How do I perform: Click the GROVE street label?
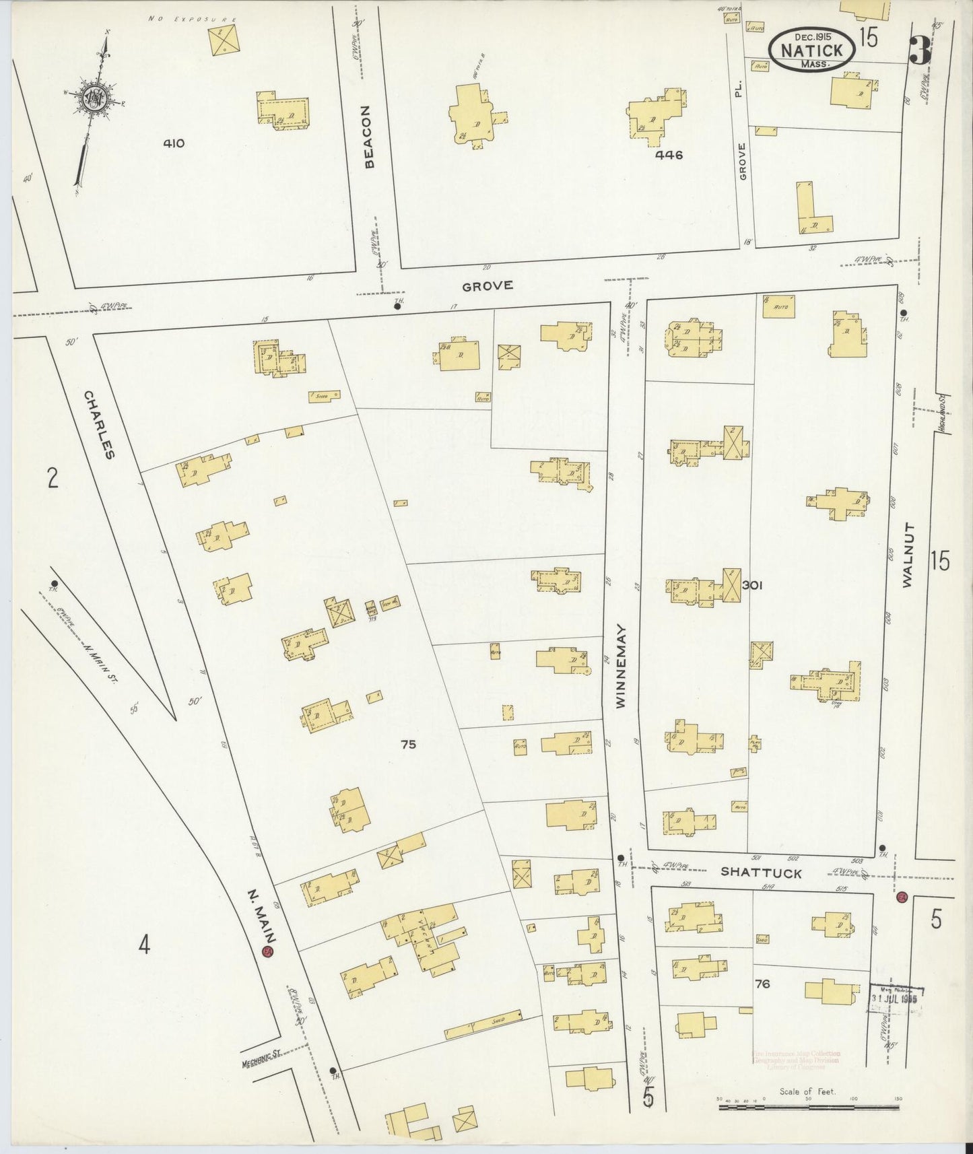[x=488, y=285]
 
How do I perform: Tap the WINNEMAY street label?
[x=621, y=666]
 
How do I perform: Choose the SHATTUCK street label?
[x=761, y=873]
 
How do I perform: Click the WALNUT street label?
[x=907, y=555]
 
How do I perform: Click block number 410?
[x=174, y=143]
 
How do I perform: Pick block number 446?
[x=669, y=155]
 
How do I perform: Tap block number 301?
[x=751, y=586]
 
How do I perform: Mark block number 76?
[x=762, y=984]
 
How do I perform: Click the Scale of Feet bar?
[x=807, y=1106]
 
